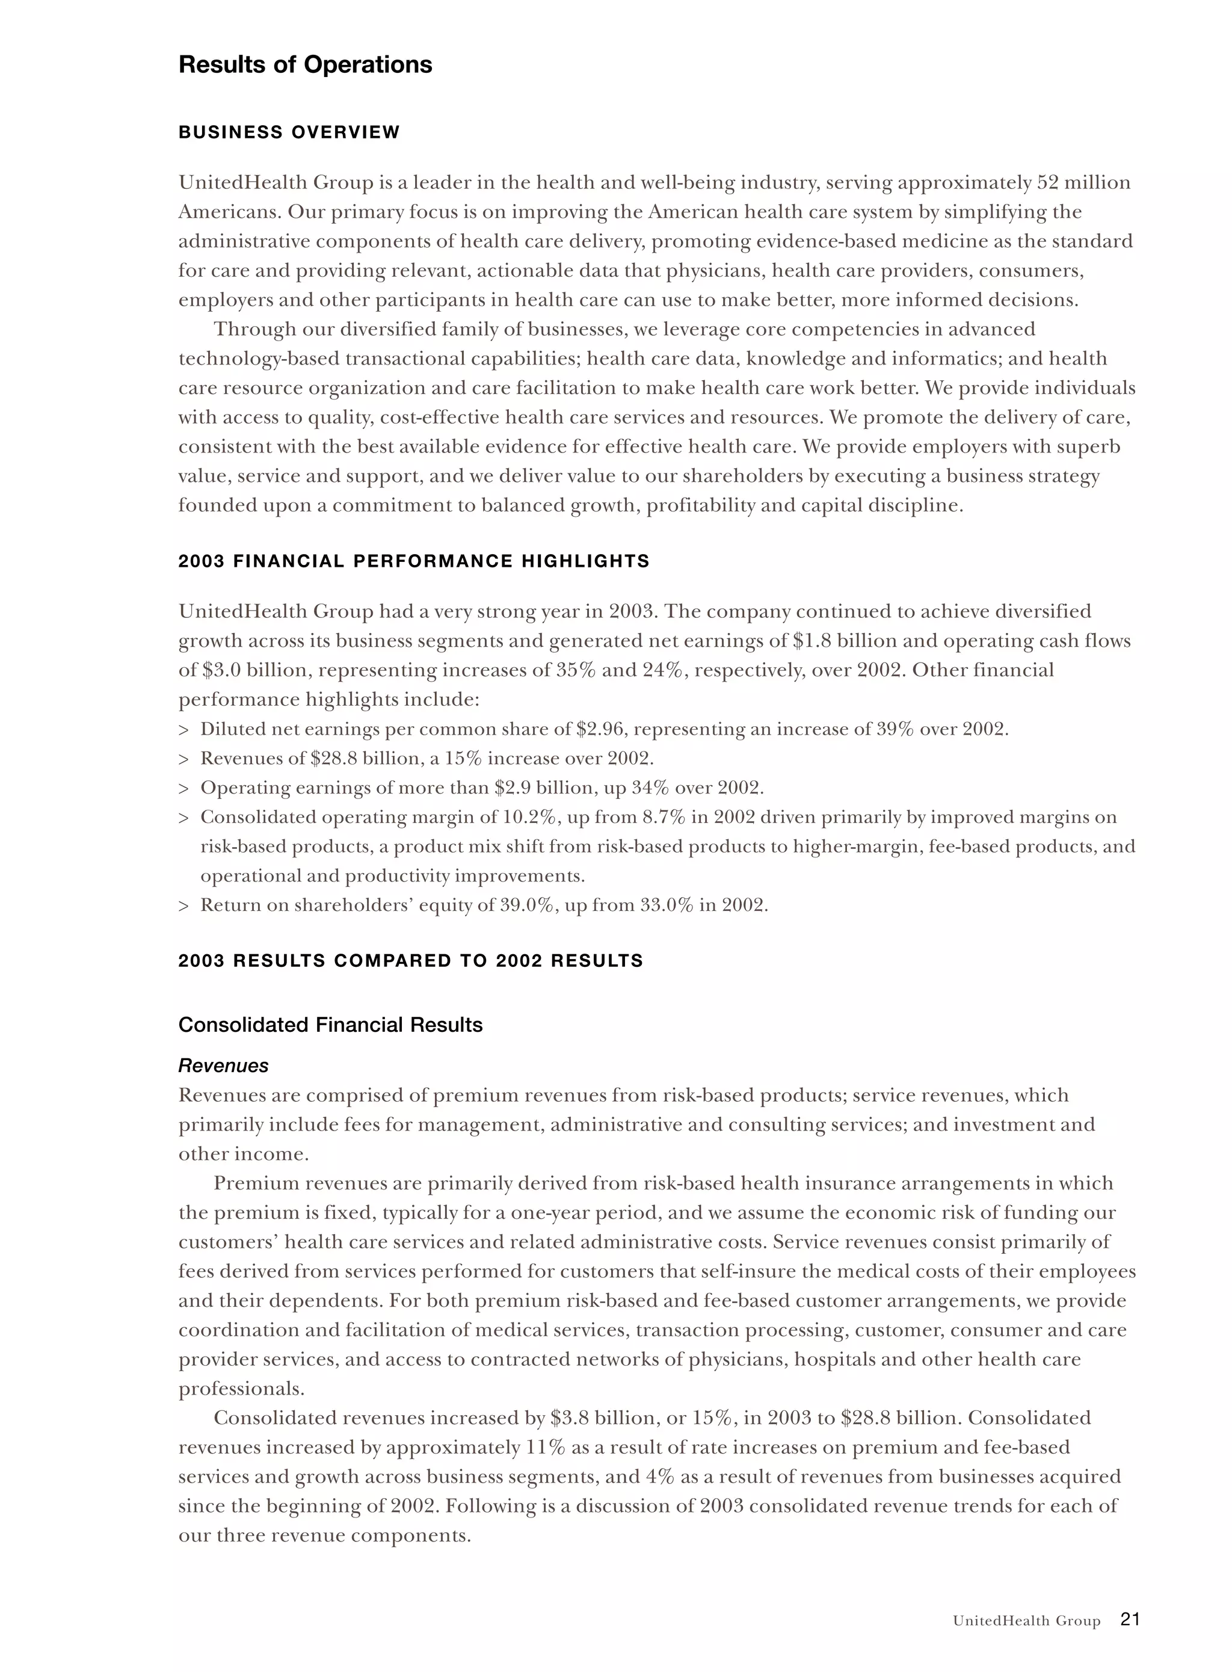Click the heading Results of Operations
[305, 65]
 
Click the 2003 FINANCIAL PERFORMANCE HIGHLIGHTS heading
[414, 561]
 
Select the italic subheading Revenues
[223, 1066]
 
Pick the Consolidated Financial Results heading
[330, 1025]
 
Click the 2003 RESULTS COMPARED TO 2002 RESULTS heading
[410, 960]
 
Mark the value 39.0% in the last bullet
[526, 905]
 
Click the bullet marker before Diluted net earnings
[183, 729]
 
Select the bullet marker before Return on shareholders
[183, 905]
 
